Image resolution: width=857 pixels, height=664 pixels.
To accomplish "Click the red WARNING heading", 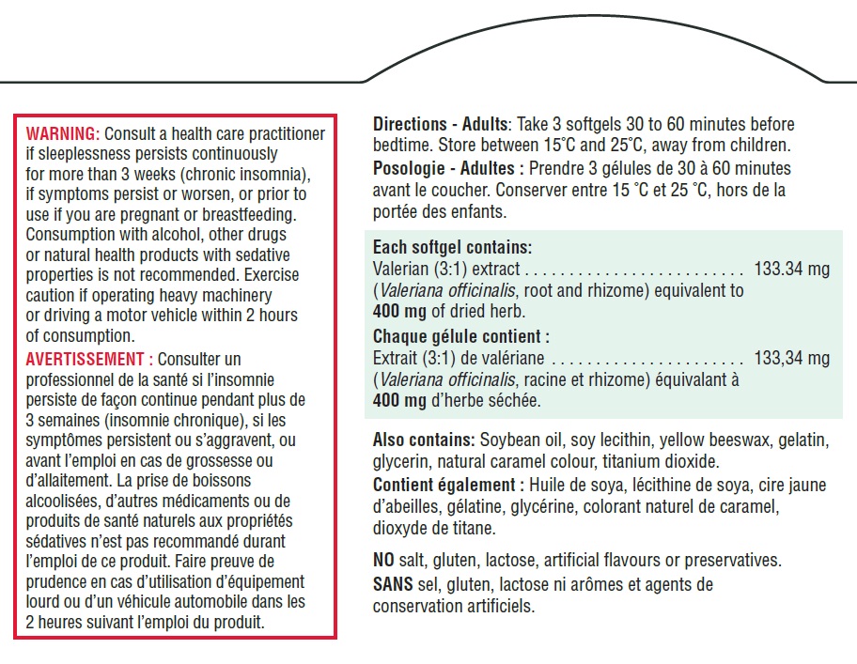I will click(61, 134).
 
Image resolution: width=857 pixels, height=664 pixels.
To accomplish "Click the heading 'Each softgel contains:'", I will click(452, 248).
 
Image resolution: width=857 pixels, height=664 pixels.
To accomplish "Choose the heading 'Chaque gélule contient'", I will click(460, 336).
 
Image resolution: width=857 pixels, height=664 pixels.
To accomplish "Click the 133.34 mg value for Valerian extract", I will click(791, 270).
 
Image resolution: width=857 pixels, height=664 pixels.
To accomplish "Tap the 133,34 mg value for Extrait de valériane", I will click(791, 358).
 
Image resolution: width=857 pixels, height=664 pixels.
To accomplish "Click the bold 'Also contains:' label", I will click(424, 440).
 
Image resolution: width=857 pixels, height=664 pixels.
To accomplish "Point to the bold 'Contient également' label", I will click(447, 485).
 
